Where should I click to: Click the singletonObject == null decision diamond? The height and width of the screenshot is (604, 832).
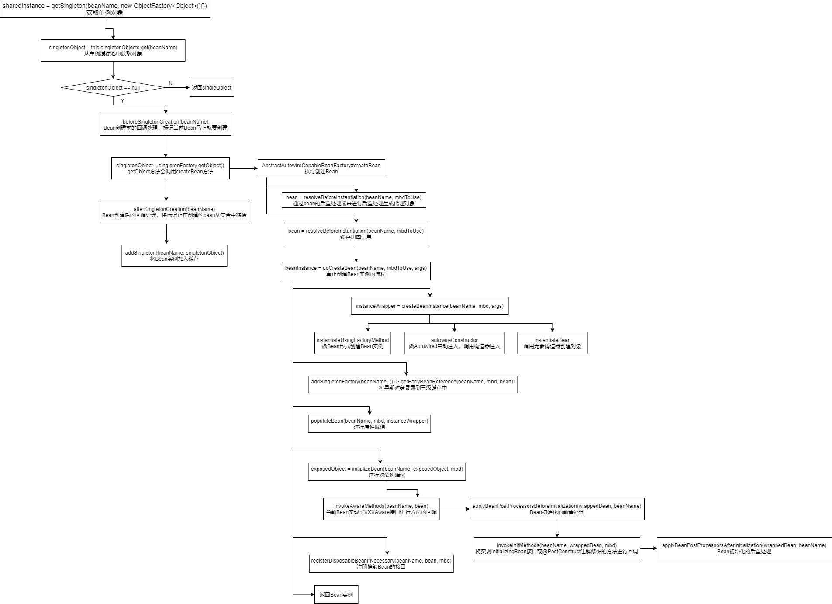[113, 88]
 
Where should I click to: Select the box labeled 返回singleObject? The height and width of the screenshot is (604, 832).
[211, 88]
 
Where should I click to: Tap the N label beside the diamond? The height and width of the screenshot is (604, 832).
[170, 83]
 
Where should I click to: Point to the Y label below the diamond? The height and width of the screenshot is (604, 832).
[122, 101]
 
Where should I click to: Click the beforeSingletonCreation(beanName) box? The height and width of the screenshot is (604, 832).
[166, 125]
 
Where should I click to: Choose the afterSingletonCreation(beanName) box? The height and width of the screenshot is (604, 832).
[174, 212]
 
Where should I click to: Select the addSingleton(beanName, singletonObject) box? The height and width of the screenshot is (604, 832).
[174, 256]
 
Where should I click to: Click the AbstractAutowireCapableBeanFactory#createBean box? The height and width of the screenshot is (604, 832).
[321, 169]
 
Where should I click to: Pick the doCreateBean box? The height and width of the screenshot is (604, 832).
[356, 271]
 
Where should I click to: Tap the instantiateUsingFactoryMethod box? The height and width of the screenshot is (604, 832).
[352, 343]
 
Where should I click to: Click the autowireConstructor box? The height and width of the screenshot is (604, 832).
[454, 343]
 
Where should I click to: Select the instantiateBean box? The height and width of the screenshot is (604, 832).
[552, 343]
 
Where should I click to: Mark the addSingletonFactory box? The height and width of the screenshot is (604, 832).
[413, 385]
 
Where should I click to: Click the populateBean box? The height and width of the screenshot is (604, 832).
[369, 424]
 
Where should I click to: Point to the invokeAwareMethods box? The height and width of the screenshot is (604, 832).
[381, 509]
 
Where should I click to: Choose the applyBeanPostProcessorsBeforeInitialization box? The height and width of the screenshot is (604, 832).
[557, 509]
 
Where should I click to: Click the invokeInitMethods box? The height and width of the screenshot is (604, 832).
[557, 549]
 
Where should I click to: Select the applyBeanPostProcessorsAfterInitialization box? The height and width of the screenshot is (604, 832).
[744, 549]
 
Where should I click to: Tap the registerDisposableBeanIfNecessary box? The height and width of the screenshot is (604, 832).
[381, 564]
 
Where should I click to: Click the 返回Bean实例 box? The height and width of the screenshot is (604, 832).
[336, 594]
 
